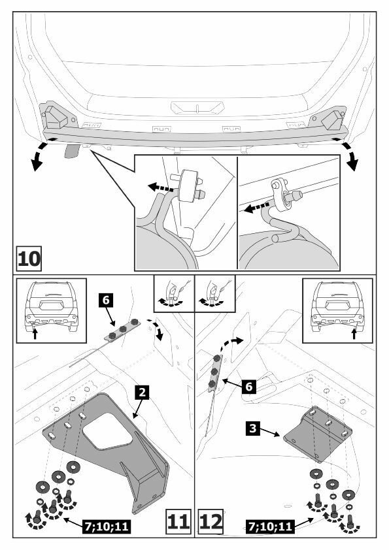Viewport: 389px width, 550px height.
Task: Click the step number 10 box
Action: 29,259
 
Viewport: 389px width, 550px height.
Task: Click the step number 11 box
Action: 178,522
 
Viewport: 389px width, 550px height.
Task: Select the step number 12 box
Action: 211,522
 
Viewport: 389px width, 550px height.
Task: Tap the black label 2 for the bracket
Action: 142,393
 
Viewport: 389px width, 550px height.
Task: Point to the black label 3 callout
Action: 253,429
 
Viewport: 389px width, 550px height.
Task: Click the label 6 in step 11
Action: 106,300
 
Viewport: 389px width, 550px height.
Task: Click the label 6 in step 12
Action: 248,387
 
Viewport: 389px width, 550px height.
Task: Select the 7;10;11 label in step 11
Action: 107,526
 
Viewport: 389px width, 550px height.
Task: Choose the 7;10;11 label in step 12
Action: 271,526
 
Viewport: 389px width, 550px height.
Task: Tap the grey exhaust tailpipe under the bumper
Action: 73,151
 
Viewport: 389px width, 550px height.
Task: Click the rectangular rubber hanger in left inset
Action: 188,186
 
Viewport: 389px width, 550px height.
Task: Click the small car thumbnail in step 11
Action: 51,306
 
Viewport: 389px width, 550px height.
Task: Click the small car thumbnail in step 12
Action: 338,306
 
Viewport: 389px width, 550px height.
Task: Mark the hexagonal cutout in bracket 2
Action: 107,431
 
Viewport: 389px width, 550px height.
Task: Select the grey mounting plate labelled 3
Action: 317,434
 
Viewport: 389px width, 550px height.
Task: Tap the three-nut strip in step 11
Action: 122,330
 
